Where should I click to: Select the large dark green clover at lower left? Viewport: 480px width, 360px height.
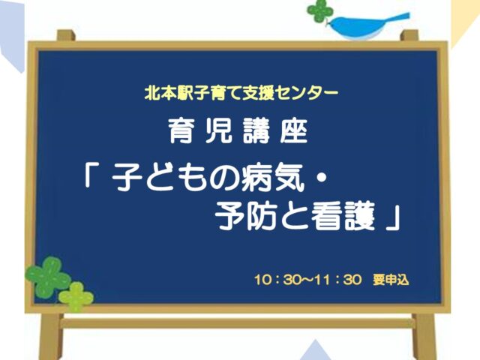click(48, 277)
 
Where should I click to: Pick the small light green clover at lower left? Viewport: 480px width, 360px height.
click(76, 296)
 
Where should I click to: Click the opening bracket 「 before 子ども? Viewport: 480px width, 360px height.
click(91, 177)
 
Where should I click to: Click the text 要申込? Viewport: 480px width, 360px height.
click(391, 280)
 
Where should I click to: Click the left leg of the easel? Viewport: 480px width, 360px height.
click(51, 337)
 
